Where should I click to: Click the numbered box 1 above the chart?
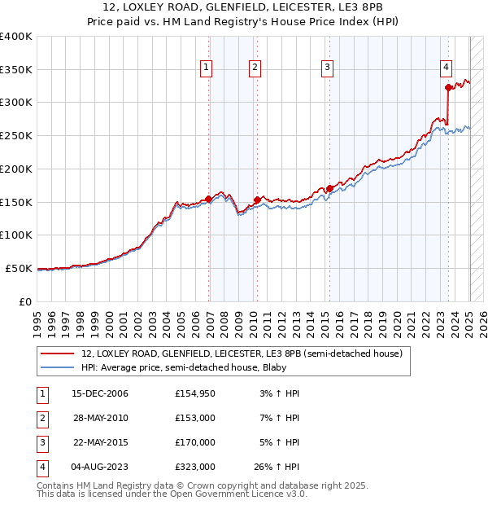207,68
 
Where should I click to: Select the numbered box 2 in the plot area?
255,68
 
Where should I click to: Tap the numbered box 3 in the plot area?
327,68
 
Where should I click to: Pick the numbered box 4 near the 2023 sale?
447,68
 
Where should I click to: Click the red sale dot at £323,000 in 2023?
448,87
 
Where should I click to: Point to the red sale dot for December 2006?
209,199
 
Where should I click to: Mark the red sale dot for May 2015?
329,188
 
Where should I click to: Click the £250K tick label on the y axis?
16,135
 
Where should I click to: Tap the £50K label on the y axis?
20,268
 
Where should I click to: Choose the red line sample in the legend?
57,354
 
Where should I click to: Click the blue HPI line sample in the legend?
57,368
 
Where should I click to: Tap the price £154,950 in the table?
195,393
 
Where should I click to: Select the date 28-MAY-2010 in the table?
100,418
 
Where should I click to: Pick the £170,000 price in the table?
195,442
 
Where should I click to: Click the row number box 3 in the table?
41,442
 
